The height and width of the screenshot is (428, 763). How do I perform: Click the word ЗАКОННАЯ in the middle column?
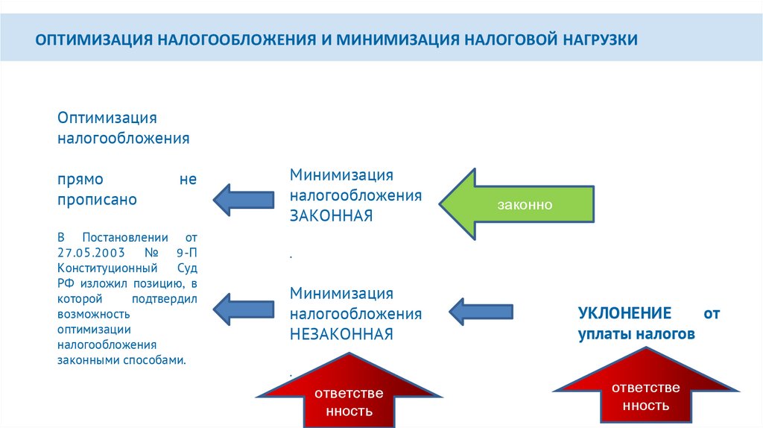click(331, 215)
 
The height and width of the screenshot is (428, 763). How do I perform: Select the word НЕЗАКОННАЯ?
click(341, 333)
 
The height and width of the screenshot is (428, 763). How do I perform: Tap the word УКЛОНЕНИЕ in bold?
click(624, 313)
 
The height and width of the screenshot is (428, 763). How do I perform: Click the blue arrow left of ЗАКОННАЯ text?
click(243, 198)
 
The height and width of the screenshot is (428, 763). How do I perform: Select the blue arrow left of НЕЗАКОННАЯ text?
click(243, 308)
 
